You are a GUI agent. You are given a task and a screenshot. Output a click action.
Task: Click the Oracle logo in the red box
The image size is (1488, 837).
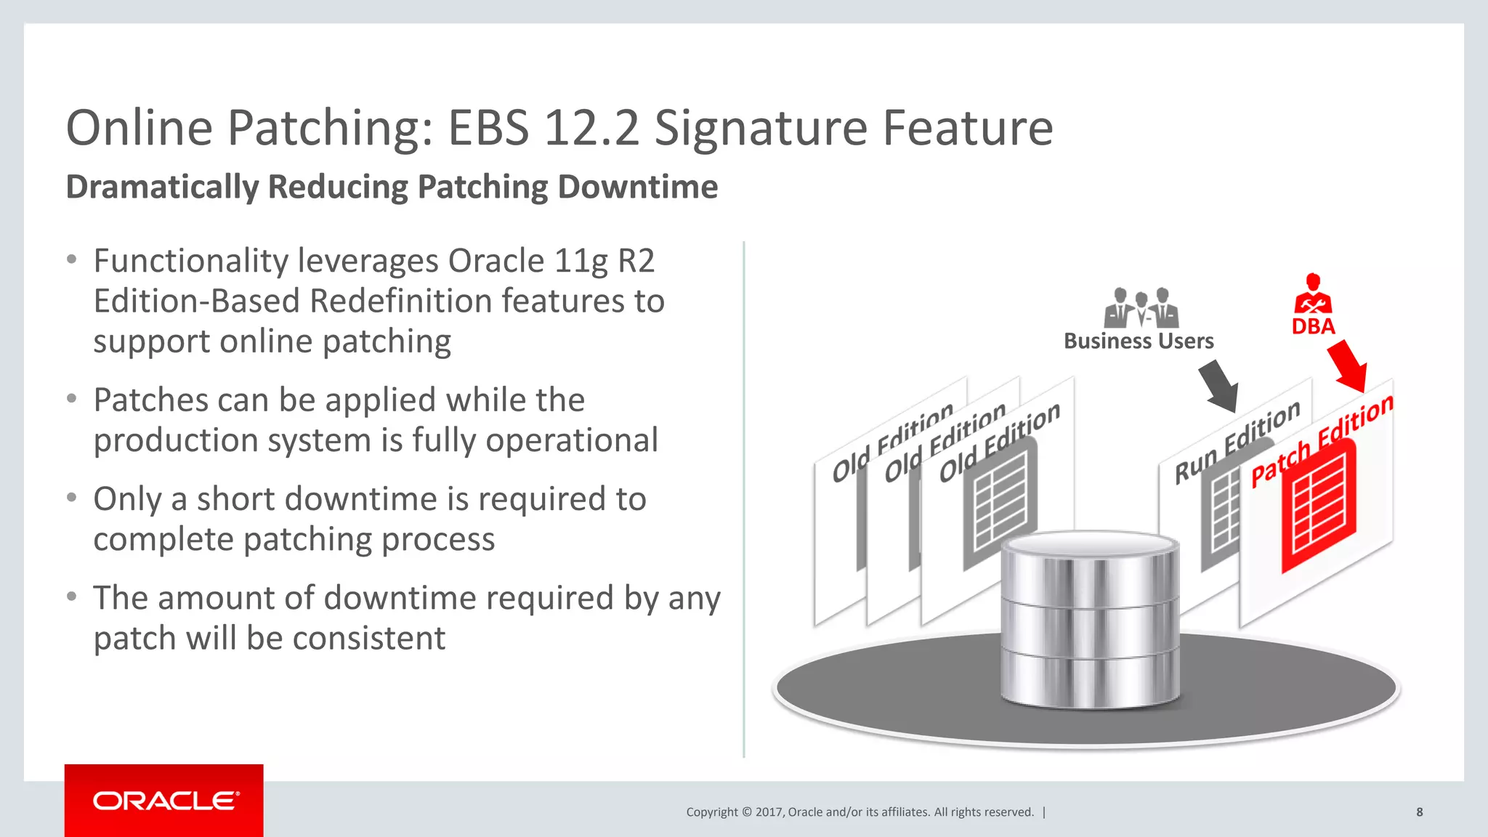coord(165,801)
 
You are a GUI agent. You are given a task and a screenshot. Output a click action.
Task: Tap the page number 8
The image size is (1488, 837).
coord(1419,812)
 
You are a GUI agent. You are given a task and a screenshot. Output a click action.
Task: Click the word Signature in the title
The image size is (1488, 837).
coord(760,128)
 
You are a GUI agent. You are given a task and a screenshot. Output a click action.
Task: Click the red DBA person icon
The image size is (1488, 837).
coord(1312,294)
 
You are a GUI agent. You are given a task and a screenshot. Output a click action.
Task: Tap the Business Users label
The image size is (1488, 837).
coord(1139,341)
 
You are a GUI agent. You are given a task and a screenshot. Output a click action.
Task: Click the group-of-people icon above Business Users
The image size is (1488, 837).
coord(1141,308)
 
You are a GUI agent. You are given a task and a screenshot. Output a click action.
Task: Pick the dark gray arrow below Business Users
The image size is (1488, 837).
coord(1219,386)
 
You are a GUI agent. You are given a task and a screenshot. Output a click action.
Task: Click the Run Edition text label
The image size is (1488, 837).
coord(1237,441)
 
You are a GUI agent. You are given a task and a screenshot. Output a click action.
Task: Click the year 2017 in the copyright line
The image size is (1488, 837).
coord(769,812)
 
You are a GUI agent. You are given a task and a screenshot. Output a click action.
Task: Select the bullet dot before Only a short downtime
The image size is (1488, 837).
coord(71,498)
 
